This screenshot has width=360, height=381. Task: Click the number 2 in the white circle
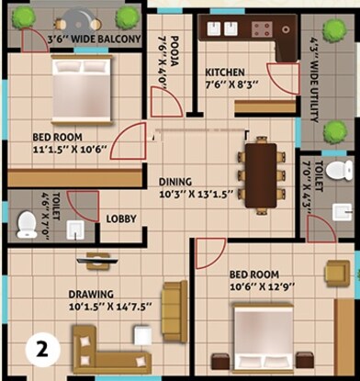pyautogui.click(x=41, y=348)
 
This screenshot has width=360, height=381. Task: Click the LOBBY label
pyautogui.click(x=122, y=219)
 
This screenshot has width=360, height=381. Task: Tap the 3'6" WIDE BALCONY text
pyautogui.click(x=94, y=39)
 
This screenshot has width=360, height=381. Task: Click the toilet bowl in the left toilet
pyautogui.click(x=27, y=221)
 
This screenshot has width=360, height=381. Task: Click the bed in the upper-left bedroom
pyautogui.click(x=80, y=89)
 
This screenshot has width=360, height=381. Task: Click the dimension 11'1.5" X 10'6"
pyautogui.click(x=59, y=148)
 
